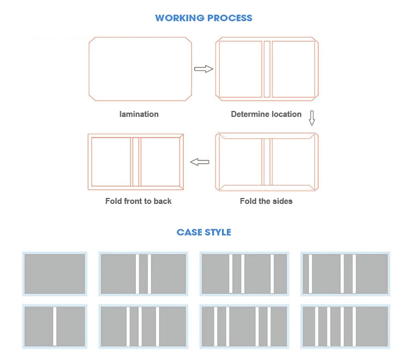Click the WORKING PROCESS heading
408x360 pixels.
[x=203, y=18]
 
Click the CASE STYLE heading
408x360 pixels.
[x=203, y=232]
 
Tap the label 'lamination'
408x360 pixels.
[x=139, y=114]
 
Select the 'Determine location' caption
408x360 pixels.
[x=266, y=114]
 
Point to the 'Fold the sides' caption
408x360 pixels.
[x=266, y=201]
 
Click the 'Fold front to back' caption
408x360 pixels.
[x=138, y=201]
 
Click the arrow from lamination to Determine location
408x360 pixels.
[x=203, y=69]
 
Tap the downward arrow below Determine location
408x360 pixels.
[x=312, y=117]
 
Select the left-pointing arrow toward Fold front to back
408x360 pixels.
[x=200, y=162]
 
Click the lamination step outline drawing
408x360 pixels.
[x=140, y=69]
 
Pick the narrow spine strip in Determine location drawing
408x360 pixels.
[x=267, y=69]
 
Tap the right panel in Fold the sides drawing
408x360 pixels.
[x=293, y=162]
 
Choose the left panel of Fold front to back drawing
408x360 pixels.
[x=111, y=162]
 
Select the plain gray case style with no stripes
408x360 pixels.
[x=54, y=274]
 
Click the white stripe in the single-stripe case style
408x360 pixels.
[x=54, y=326]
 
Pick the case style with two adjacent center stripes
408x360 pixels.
[x=143, y=274]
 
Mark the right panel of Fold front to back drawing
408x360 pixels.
[x=160, y=162]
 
